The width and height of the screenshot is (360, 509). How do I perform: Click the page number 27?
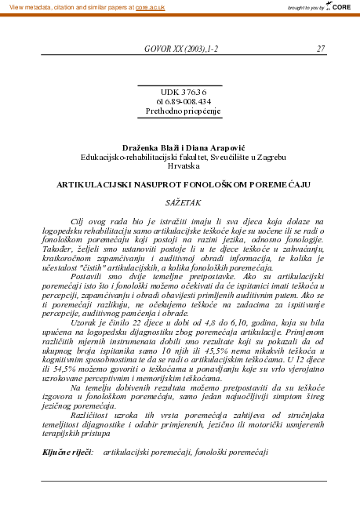pos(321,49)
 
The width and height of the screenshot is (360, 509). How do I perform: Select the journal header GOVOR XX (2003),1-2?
pos(181,49)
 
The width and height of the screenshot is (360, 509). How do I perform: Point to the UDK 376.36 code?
pos(180,92)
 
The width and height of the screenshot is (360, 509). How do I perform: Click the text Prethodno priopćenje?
pos(180,111)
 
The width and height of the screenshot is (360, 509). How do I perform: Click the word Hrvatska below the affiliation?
pos(180,165)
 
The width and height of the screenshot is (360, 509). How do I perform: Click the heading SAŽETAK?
pos(180,203)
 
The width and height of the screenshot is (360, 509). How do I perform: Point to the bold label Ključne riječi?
pos(67,453)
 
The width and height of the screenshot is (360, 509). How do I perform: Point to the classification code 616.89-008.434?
pos(180,101)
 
